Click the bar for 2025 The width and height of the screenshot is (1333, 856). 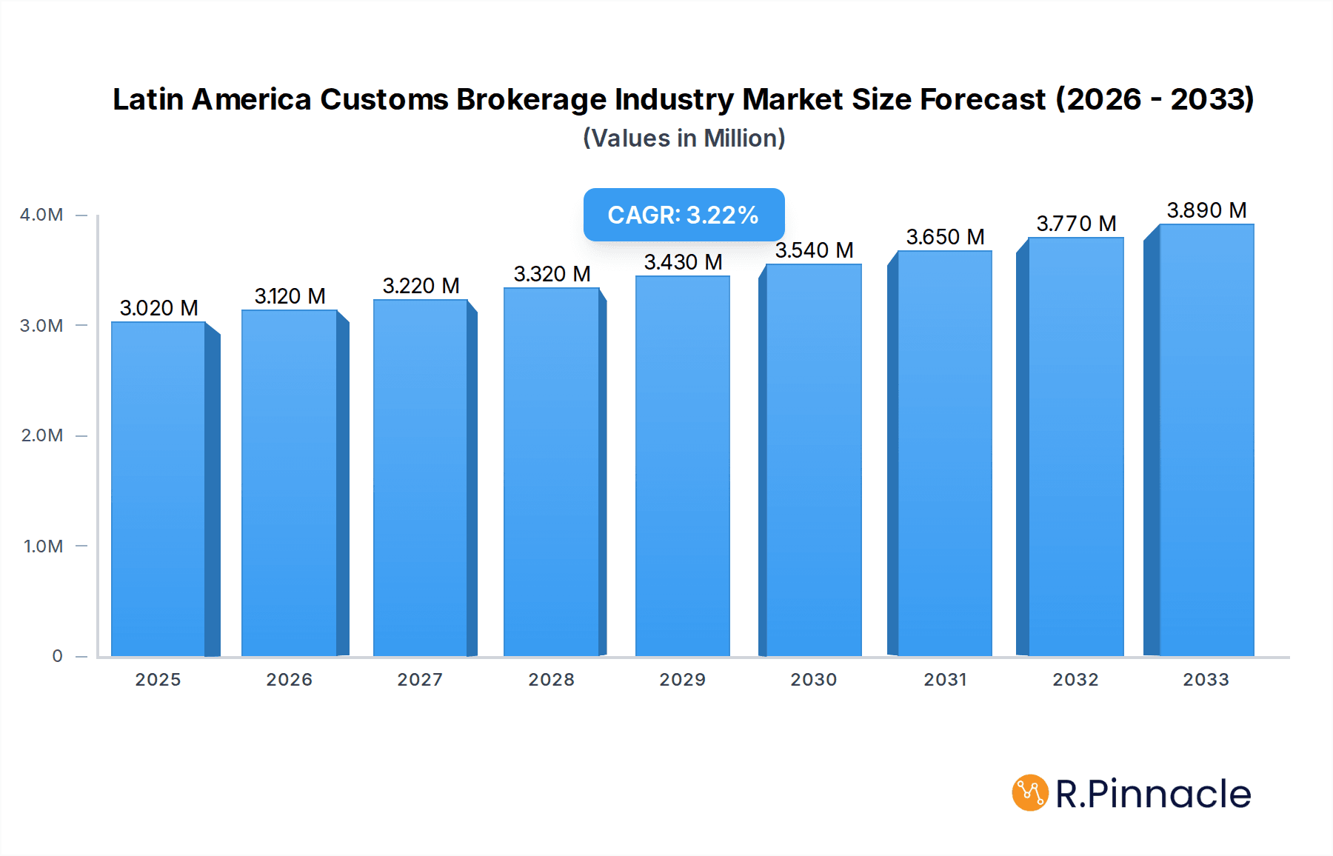coord(158,489)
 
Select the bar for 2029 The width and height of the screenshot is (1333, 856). coord(682,467)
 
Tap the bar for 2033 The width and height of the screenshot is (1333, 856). coord(1206,441)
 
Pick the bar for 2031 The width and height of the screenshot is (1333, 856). coord(944,453)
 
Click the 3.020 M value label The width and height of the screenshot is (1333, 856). coord(158,308)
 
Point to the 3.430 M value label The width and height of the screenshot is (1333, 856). coord(682,262)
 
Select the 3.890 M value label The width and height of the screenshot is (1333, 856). coord(1206,210)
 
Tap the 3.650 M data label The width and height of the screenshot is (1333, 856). coord(944,237)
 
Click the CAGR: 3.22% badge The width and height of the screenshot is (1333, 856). coord(683,215)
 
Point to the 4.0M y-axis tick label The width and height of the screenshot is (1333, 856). coord(41,215)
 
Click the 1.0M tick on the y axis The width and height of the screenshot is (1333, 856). coord(43,546)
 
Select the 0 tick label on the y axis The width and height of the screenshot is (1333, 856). coord(57,656)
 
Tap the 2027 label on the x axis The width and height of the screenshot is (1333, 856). coord(420,680)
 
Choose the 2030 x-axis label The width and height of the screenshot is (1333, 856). coord(813,680)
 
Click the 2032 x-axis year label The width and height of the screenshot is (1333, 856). coord(1075,680)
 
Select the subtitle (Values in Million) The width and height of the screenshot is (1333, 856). coord(684,138)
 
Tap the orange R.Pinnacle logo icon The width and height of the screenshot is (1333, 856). coord(1029,793)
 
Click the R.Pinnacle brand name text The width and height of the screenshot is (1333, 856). coord(1152,794)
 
